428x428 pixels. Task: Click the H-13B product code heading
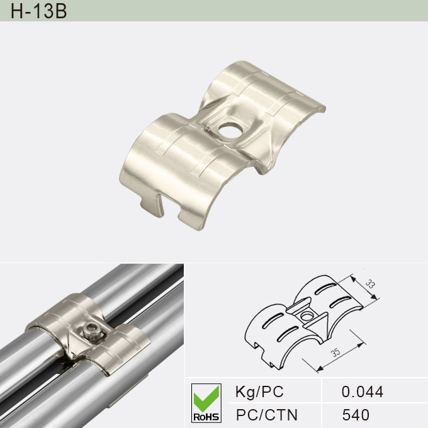click(x=39, y=11)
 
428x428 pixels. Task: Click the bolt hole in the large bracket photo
click(x=227, y=130)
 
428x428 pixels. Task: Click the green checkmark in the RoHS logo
click(x=206, y=397)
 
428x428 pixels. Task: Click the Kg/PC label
click(x=259, y=392)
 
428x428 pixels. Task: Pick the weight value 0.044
click(x=362, y=392)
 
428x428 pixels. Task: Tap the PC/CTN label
click(x=266, y=415)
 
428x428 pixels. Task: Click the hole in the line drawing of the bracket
click(x=307, y=315)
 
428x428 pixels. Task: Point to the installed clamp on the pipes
click(x=88, y=334)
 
